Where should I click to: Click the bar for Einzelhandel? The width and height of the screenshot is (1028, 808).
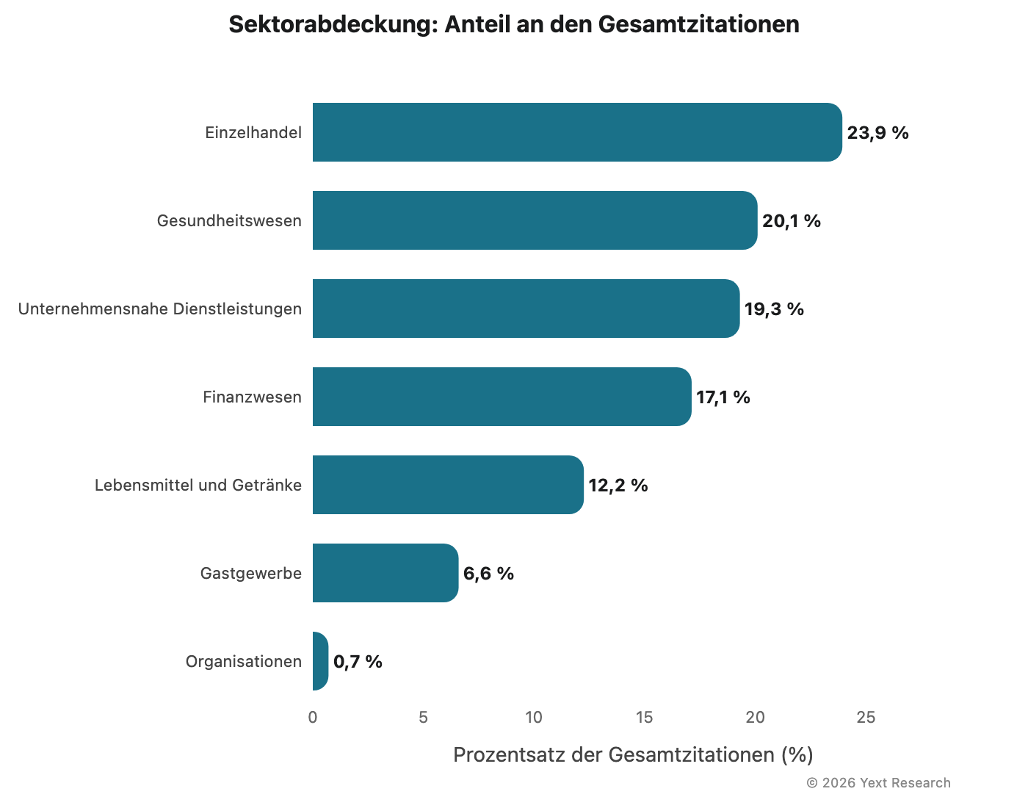[577, 132]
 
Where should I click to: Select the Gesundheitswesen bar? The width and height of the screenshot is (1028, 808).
[535, 220]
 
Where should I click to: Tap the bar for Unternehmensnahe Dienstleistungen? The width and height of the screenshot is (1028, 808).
[526, 309]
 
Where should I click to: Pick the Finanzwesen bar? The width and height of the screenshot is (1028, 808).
[502, 397]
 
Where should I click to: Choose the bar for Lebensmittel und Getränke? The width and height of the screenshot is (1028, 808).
[448, 485]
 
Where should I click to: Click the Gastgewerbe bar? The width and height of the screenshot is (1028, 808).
[385, 573]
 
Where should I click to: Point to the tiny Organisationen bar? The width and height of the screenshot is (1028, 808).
[320, 661]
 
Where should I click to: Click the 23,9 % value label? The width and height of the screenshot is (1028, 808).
[877, 133]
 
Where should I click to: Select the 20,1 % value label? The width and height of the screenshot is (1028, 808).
[791, 221]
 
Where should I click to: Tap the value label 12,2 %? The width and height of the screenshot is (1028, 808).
[618, 486]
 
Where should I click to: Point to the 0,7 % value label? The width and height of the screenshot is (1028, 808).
[358, 662]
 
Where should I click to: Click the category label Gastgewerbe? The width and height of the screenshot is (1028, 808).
[251, 574]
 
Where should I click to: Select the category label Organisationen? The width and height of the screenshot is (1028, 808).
[244, 662]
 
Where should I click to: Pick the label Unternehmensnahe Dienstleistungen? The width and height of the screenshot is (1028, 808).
[160, 309]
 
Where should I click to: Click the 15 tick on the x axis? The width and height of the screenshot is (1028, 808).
[644, 718]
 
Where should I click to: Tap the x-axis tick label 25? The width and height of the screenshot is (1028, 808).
[866, 718]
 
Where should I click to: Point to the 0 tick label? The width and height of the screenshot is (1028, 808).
[313, 718]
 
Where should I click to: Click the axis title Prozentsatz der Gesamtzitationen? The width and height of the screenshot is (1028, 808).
[633, 755]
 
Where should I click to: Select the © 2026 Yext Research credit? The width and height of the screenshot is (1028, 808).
[878, 783]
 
